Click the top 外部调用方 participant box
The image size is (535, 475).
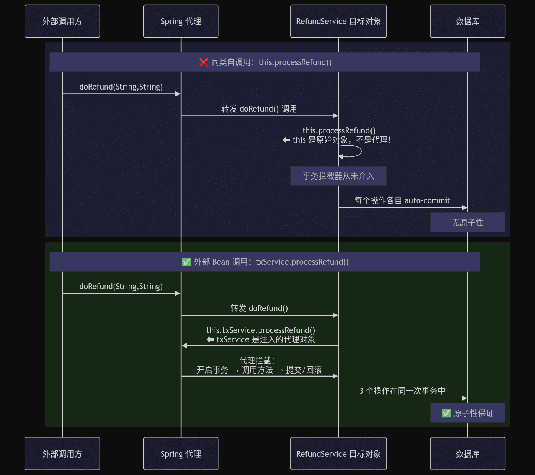[x=62, y=21]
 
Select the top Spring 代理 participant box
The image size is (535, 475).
[x=181, y=21]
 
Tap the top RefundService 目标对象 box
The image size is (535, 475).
[x=338, y=21]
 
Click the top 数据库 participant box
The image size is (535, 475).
[x=467, y=21]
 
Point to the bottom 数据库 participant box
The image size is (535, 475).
[x=467, y=453]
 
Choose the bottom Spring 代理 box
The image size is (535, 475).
[x=181, y=453]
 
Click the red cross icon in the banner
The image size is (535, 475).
[x=203, y=62]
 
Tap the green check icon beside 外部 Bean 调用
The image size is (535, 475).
[x=187, y=262]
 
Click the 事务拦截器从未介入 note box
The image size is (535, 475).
[x=338, y=176]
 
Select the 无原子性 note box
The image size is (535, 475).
[x=467, y=222]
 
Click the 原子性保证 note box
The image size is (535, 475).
[x=467, y=413]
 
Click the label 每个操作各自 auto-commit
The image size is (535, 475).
[x=402, y=200]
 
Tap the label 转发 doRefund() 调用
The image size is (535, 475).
[x=259, y=109]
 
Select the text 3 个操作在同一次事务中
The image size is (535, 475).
[x=402, y=391]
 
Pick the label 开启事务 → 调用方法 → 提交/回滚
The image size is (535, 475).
[x=259, y=370]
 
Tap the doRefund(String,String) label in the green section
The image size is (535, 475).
[x=121, y=286]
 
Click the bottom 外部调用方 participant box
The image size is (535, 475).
[x=62, y=453]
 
